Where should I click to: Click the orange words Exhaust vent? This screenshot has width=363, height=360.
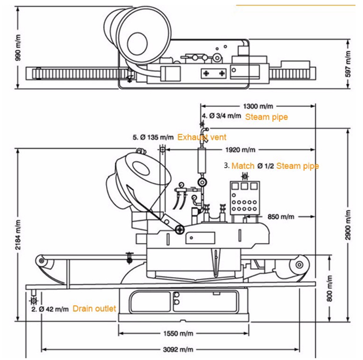pyautogui.click(x=201, y=137)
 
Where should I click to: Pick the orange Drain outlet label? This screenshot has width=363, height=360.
pyautogui.click(x=94, y=309)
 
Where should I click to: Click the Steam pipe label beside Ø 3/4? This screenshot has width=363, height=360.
pyautogui.click(x=266, y=117)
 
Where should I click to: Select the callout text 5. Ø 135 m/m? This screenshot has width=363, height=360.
pyautogui.click(x=153, y=137)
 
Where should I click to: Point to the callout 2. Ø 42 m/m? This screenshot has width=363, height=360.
pyautogui.click(x=50, y=309)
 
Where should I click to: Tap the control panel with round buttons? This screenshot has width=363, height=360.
pyautogui.click(x=244, y=201)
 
